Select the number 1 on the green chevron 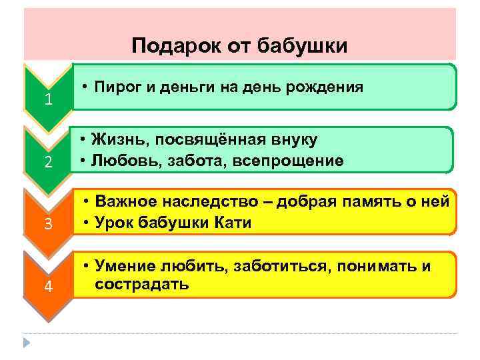48,101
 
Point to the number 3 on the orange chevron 48,224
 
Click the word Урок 113,223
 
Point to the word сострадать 141,284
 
